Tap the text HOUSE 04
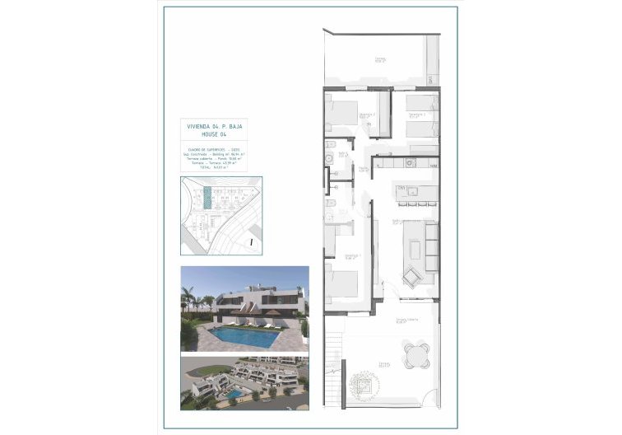point(216,135)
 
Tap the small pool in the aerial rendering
point(234,395)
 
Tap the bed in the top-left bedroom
point(341,113)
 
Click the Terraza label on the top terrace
point(380,58)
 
